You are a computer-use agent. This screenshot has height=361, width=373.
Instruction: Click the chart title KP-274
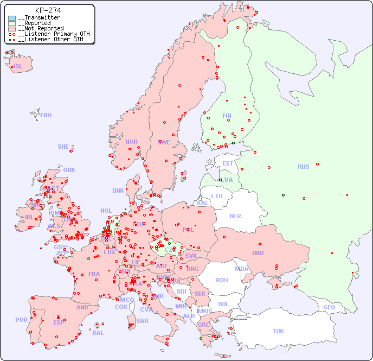48,10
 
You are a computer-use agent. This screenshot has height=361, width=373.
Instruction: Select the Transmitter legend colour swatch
12,18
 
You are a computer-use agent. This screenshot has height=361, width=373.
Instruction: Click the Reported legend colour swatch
12,23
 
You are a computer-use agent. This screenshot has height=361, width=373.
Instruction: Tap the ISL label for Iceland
18,67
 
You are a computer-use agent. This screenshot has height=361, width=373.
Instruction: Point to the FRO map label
46,115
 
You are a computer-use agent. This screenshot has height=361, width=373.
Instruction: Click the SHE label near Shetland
63,147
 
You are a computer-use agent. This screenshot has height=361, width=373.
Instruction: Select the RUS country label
303,167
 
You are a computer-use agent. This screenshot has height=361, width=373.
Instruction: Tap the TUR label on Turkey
278,331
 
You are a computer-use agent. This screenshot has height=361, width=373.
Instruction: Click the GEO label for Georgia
329,307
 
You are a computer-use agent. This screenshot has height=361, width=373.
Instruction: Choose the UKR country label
258,253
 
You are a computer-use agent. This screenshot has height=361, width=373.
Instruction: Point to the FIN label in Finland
227,116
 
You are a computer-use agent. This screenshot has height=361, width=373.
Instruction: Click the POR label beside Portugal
21,320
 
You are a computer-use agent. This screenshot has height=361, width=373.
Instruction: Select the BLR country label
235,216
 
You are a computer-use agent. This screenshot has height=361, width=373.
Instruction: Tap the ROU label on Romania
222,280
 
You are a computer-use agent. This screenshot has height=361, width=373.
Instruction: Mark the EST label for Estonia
228,163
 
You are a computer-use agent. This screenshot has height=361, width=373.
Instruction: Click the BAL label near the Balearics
98,333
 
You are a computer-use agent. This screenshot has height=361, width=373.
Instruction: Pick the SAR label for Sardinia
143,321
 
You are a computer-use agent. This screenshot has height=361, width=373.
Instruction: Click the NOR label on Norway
131,142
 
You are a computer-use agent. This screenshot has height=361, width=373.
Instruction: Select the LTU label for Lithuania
217,196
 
